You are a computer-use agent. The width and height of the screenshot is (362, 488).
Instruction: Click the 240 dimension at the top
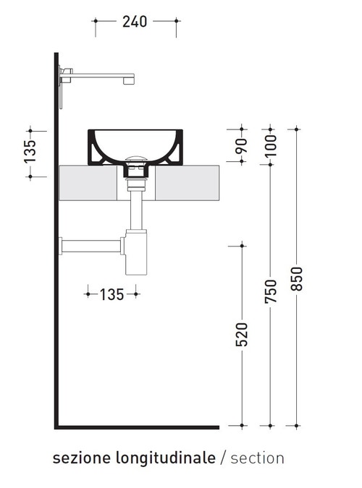(135, 22)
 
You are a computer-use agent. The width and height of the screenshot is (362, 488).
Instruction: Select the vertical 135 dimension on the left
(30, 153)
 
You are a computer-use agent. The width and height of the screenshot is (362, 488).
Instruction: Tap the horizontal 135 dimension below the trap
(112, 294)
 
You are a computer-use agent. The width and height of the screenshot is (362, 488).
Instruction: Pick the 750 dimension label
(270, 291)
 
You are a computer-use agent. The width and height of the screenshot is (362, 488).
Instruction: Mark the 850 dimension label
(295, 279)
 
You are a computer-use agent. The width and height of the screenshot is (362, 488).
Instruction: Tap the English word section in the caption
(258, 458)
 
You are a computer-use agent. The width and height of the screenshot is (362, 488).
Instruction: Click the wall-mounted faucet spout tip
(130, 78)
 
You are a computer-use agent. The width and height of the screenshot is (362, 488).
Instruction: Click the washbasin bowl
(135, 145)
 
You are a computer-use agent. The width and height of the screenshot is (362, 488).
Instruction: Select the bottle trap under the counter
(135, 252)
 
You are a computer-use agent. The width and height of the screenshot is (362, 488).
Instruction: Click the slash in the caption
(224, 458)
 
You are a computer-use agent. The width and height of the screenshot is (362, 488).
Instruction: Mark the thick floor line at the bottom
(138, 427)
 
